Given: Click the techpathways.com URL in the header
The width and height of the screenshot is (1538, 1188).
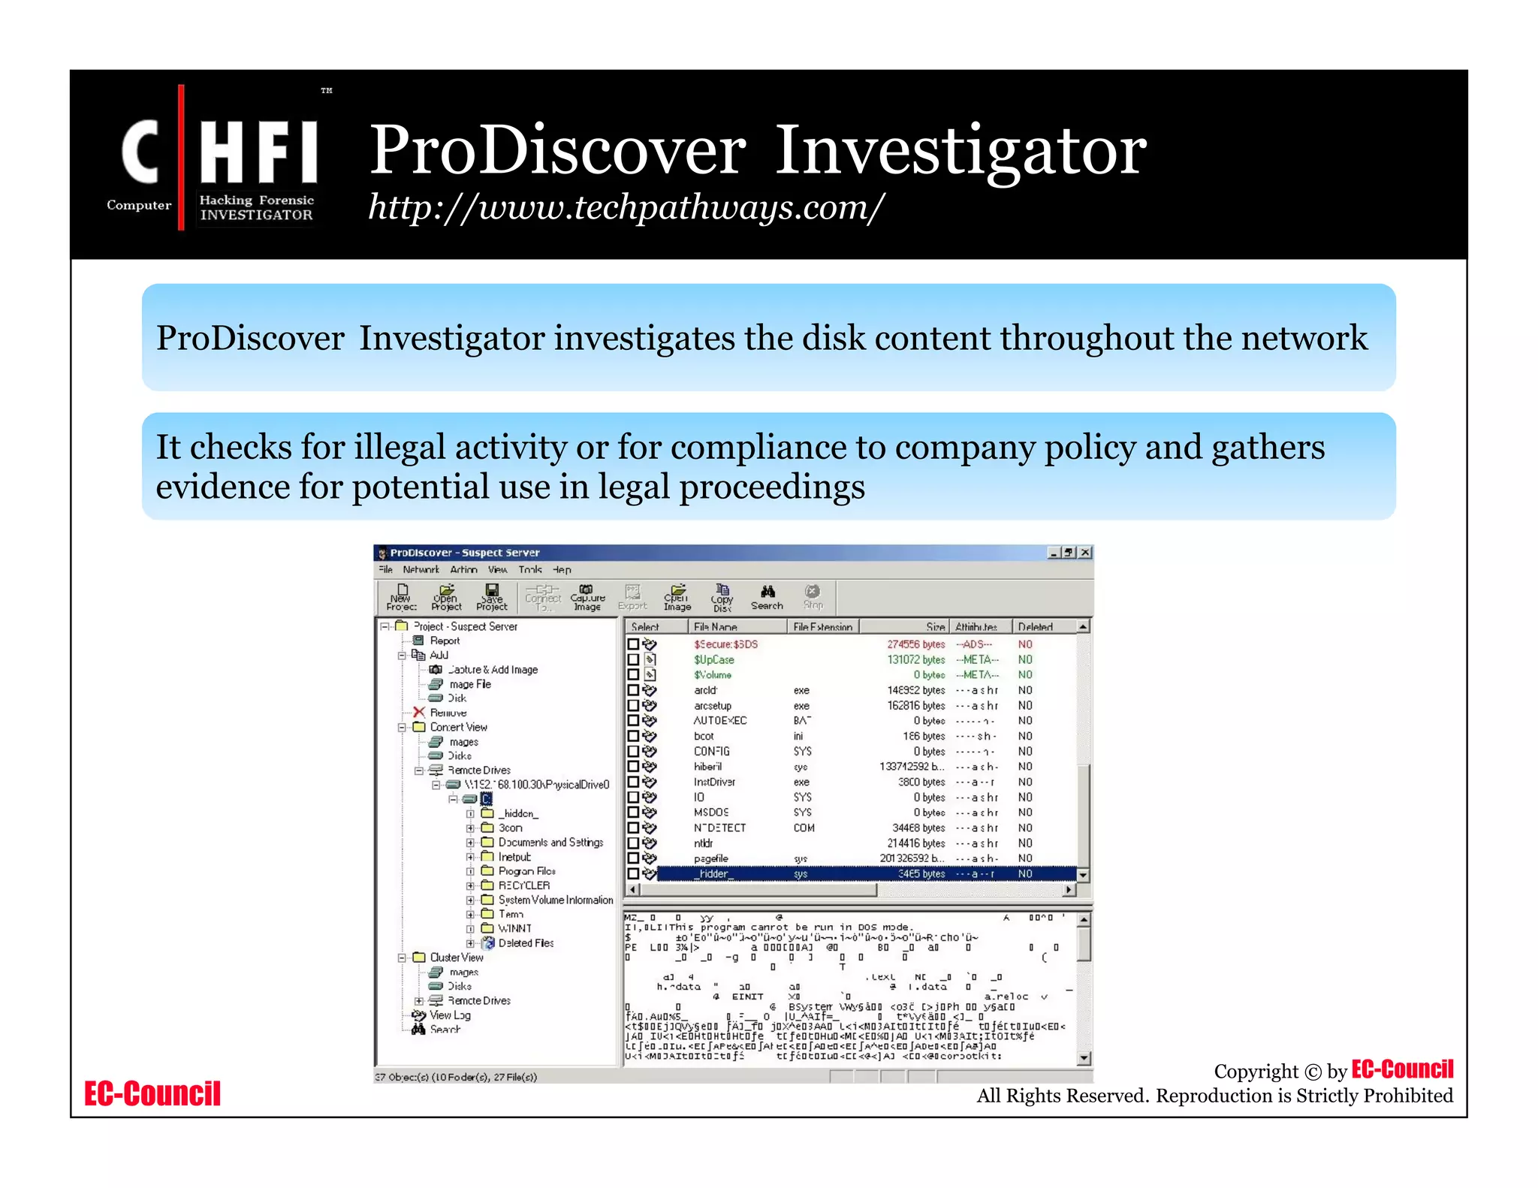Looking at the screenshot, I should coord(626,207).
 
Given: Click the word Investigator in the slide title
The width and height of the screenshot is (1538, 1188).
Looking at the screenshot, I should coord(960,150).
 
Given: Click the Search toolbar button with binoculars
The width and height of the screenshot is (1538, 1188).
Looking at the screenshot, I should coord(767,598).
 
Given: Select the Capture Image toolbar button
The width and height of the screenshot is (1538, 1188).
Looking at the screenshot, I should coord(587,598).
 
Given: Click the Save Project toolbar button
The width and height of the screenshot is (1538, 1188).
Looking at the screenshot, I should coord(492,598).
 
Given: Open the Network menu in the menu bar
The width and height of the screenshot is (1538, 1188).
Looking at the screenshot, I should coord(421,570).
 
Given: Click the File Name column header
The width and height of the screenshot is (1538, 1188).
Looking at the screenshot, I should coord(715,627).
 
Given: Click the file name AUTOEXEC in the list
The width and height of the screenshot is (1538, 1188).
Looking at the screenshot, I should coord(719,721).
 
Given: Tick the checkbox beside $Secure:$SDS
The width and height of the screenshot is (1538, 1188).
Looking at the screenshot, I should coord(633,644).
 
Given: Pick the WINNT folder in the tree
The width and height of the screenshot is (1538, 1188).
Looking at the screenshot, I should coord(514,929).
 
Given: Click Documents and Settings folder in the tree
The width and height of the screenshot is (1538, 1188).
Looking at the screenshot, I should coord(550,843).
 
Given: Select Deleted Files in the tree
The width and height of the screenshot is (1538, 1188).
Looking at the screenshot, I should coord(526,943).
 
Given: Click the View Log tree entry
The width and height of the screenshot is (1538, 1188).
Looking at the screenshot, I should coord(450,1015).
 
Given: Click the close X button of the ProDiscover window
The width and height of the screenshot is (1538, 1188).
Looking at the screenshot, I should coord(1085,553).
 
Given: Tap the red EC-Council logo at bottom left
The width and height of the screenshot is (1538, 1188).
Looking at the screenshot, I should coord(152,1094).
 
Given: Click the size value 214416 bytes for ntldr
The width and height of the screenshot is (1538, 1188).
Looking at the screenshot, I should coord(916,843).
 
